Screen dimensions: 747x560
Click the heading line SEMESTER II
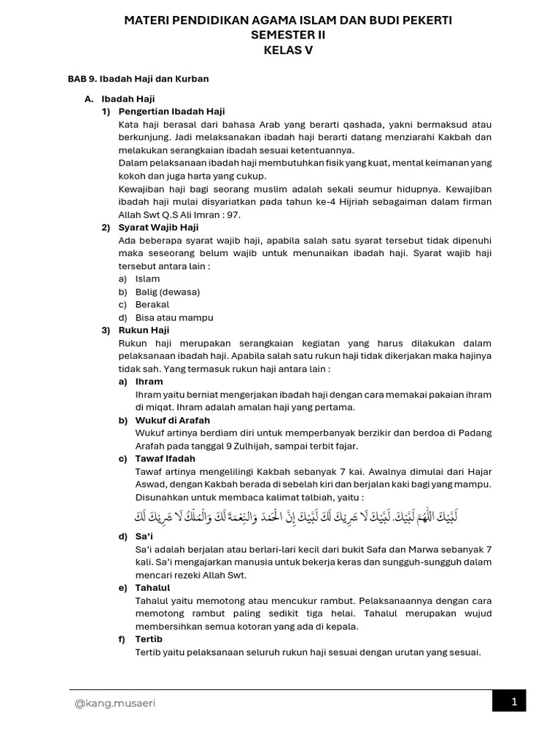pyautogui.click(x=289, y=35)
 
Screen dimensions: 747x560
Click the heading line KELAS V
pyautogui.click(x=289, y=50)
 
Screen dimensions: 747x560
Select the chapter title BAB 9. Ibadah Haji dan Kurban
pyautogui.click(x=139, y=78)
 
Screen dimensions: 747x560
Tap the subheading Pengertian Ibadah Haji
pyautogui.click(x=171, y=112)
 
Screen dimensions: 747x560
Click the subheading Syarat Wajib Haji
pyautogui.click(x=158, y=228)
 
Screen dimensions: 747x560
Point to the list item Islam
pyautogui.click(x=147, y=279)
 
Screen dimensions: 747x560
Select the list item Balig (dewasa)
pyautogui.click(x=168, y=292)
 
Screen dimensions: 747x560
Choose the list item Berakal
pyautogui.click(x=152, y=304)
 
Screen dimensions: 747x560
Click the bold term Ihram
pyautogui.click(x=149, y=382)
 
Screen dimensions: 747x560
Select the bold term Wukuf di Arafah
pyautogui.click(x=173, y=420)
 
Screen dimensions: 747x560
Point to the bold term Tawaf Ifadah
pyautogui.click(x=166, y=459)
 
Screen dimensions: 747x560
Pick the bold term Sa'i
pyautogui.click(x=144, y=536)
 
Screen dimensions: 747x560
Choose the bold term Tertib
pyautogui.click(x=149, y=639)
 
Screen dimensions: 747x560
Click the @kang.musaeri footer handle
pyautogui.click(x=114, y=703)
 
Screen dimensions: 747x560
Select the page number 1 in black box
pyautogui.click(x=514, y=702)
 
